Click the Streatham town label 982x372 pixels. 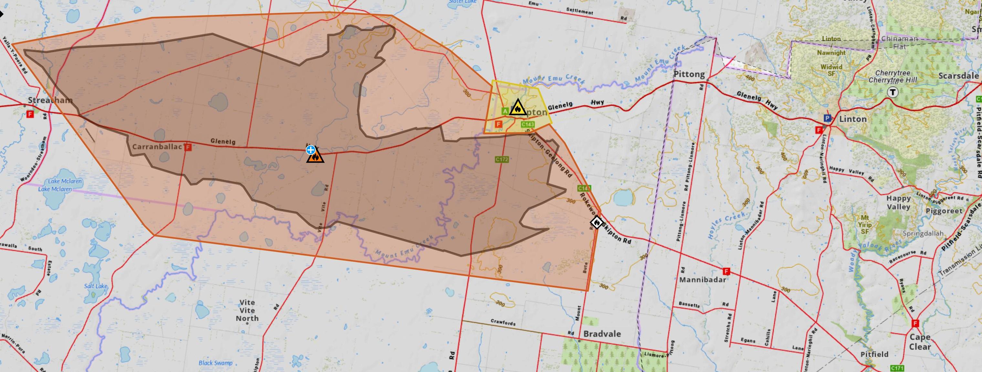tap(50, 100)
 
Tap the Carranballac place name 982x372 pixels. tap(157, 147)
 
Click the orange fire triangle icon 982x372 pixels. tap(316, 156)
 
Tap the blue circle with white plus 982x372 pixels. tap(311, 150)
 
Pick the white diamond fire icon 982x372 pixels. tap(597, 222)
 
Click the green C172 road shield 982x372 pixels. tap(502, 159)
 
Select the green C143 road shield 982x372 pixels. tap(528, 124)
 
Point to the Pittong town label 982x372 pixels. tap(689, 74)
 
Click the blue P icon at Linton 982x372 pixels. tap(827, 118)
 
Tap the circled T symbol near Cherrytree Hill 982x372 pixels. tap(892, 92)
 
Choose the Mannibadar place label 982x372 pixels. tap(702, 280)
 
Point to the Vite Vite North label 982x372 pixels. tap(247, 310)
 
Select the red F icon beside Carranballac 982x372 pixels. tap(188, 147)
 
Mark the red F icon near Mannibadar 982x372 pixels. tap(726, 272)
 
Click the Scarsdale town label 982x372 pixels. tap(958, 76)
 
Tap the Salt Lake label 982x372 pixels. tap(96, 286)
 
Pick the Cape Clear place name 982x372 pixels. tap(920, 342)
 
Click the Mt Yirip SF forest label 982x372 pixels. tap(865, 225)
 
